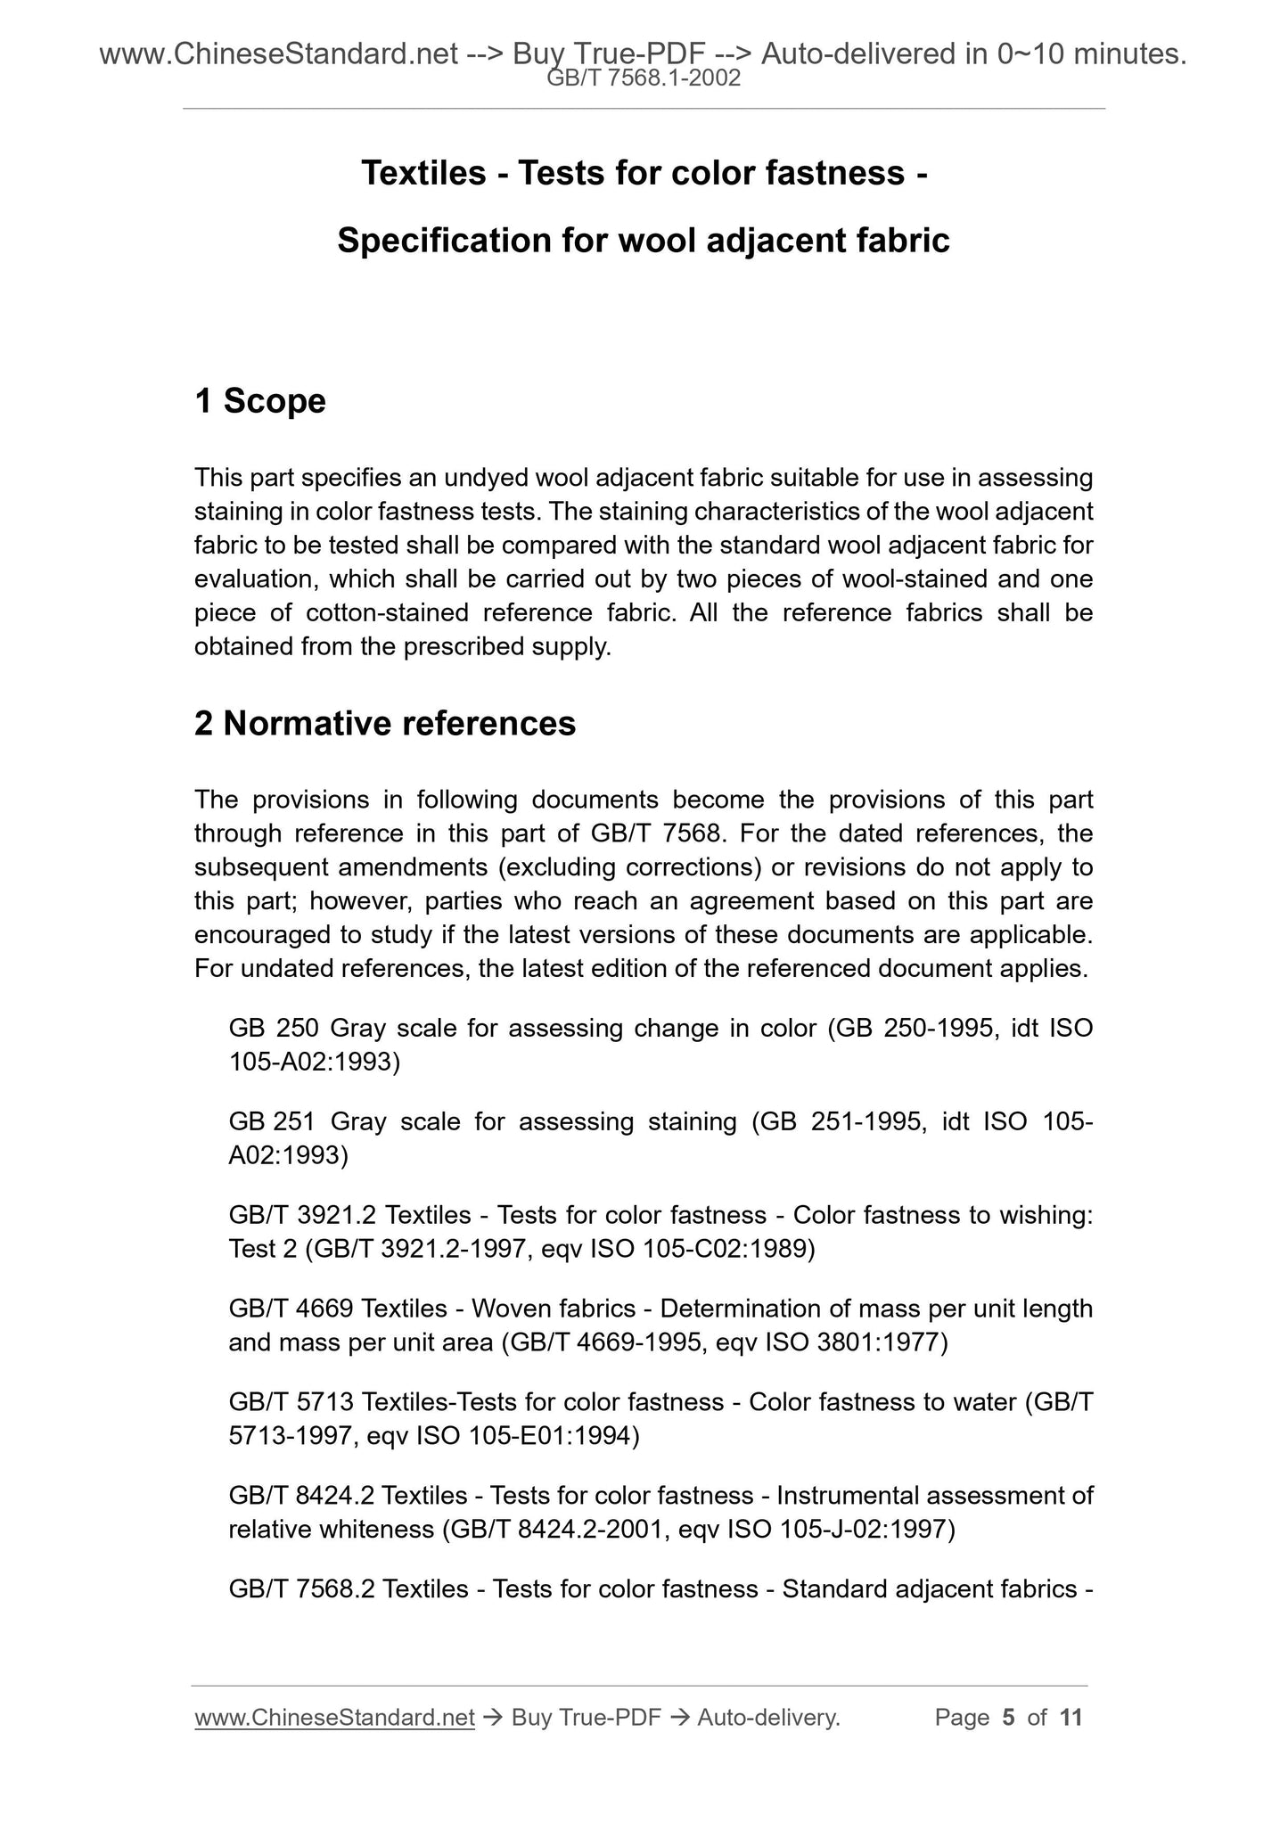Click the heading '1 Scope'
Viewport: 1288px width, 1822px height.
pos(259,402)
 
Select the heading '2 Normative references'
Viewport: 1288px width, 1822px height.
pos(384,724)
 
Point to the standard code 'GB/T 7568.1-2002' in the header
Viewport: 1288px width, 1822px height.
pos(643,78)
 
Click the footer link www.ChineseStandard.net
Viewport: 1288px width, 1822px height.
pos(333,1717)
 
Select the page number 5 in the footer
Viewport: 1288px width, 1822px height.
pos(1008,1717)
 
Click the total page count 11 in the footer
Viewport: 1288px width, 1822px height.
pos(1071,1717)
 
